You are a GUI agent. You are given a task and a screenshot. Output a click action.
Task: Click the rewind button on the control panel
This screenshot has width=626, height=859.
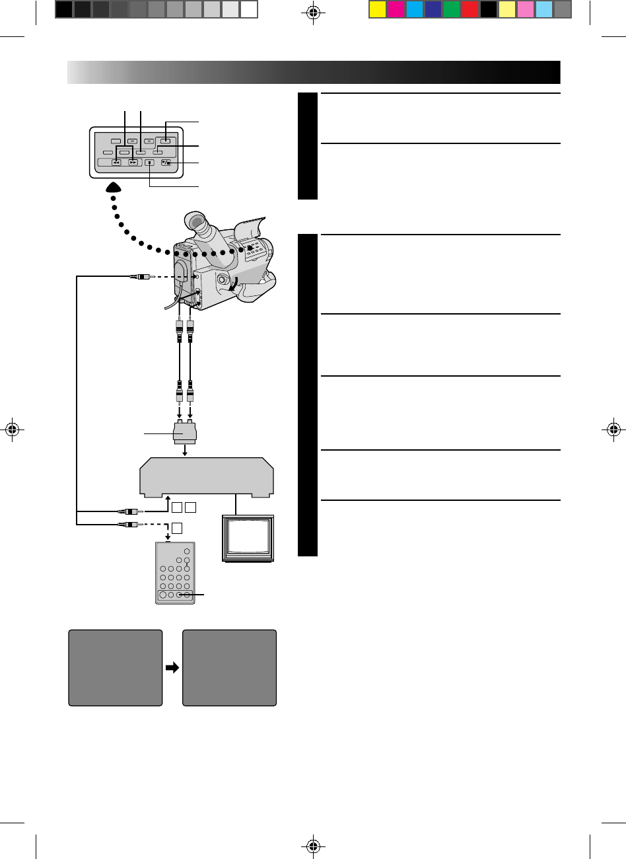point(116,162)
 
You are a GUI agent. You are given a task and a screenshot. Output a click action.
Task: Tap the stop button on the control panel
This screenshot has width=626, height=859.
point(150,162)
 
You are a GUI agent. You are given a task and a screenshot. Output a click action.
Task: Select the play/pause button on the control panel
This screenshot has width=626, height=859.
point(166,162)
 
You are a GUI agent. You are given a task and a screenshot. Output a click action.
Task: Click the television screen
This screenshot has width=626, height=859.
point(248,537)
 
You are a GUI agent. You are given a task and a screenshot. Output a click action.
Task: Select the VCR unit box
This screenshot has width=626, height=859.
point(207,475)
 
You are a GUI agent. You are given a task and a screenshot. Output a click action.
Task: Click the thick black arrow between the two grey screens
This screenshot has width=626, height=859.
point(172,667)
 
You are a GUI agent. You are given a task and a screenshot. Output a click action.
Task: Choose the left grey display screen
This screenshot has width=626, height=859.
point(116,667)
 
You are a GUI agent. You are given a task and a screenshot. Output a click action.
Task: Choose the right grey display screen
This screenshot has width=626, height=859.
point(229,667)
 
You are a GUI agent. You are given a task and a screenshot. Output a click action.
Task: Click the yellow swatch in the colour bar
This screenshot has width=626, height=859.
point(376,9)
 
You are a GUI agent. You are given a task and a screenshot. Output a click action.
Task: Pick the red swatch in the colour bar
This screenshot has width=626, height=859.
point(470,9)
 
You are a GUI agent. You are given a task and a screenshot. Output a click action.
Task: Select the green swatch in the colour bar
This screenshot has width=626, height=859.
point(451,9)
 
